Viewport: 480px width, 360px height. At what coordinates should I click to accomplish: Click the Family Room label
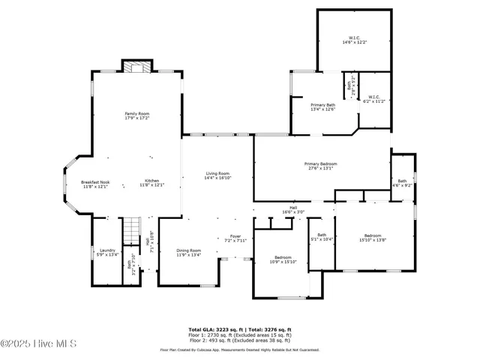[x=136, y=115]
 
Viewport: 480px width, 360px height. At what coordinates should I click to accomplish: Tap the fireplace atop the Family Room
[x=136, y=67]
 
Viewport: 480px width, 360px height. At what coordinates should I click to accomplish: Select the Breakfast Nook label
[x=95, y=183]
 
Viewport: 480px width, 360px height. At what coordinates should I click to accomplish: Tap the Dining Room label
[x=188, y=252]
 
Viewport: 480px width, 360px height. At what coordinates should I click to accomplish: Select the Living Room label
[x=217, y=175]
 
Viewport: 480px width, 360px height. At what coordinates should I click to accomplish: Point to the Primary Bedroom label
[x=320, y=166]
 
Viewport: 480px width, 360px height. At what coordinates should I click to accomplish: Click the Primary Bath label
[x=322, y=106]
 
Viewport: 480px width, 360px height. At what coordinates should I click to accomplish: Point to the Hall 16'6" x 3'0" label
[x=293, y=210]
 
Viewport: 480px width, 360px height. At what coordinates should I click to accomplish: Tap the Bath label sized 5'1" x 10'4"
[x=322, y=237]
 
